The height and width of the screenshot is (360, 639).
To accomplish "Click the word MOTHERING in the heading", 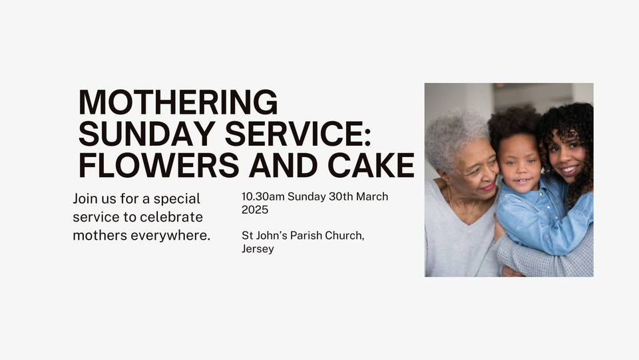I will [178, 102].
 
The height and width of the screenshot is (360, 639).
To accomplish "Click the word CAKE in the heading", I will [373, 164].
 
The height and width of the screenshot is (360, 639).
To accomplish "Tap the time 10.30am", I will [263, 197].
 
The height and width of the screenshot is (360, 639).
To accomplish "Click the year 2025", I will [255, 210].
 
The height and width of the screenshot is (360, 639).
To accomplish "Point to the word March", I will [373, 197].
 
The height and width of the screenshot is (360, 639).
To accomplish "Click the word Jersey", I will [258, 249].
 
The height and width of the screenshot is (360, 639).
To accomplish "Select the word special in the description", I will [177, 199].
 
